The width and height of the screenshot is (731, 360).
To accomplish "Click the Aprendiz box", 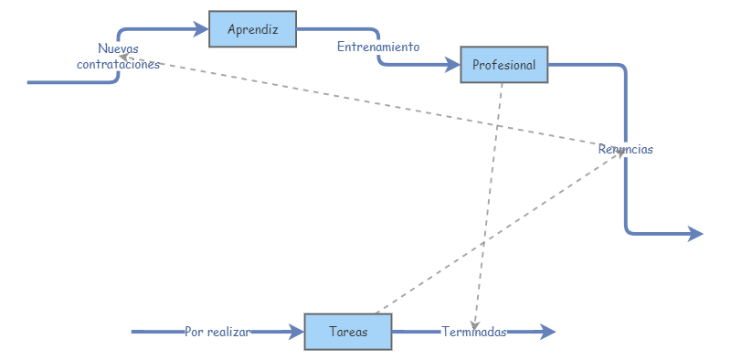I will point(252,29).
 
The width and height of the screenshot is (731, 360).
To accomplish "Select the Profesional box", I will point(504,65).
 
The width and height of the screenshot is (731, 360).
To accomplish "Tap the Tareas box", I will point(347,332).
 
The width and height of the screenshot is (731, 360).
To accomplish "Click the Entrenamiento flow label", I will point(378,47).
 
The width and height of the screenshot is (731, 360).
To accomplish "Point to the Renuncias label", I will point(626,149).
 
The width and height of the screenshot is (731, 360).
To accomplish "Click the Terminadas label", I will point(473,333).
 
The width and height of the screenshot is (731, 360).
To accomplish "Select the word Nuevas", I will point(118,48).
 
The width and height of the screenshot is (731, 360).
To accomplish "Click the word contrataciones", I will point(118,65).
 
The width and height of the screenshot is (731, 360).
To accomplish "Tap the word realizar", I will point(228,333).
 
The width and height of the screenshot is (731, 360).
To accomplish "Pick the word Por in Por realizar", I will point(193,333).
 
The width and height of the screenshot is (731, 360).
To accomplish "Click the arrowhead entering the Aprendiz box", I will point(202,29).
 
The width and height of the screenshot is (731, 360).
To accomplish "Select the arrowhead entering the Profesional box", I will point(453,65).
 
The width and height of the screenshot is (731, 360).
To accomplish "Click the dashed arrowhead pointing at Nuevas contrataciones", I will point(137,61).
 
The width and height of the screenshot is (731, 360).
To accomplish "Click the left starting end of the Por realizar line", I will point(133,332).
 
